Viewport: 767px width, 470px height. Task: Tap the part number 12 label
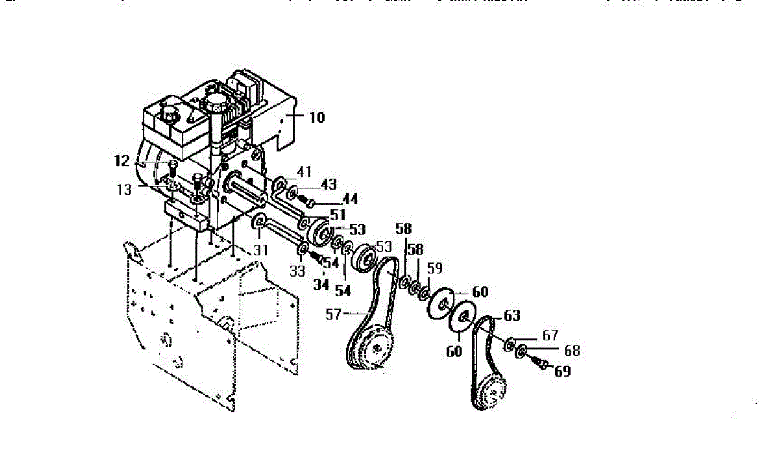[122, 161]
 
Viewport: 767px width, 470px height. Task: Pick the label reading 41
[304, 171]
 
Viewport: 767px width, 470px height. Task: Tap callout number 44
[349, 199]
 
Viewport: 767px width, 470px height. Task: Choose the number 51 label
[337, 216]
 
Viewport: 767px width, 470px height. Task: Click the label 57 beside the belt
[333, 314]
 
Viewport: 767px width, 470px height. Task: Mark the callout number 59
[434, 268]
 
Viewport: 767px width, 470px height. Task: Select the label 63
[511, 315]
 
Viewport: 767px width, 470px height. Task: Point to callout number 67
[550, 335]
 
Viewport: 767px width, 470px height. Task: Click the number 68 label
[571, 351]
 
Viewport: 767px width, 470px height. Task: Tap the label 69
[562, 371]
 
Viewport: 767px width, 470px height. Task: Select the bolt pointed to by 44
[309, 202]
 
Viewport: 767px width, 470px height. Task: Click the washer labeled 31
[260, 222]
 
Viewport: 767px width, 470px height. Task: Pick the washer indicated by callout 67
[510, 345]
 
